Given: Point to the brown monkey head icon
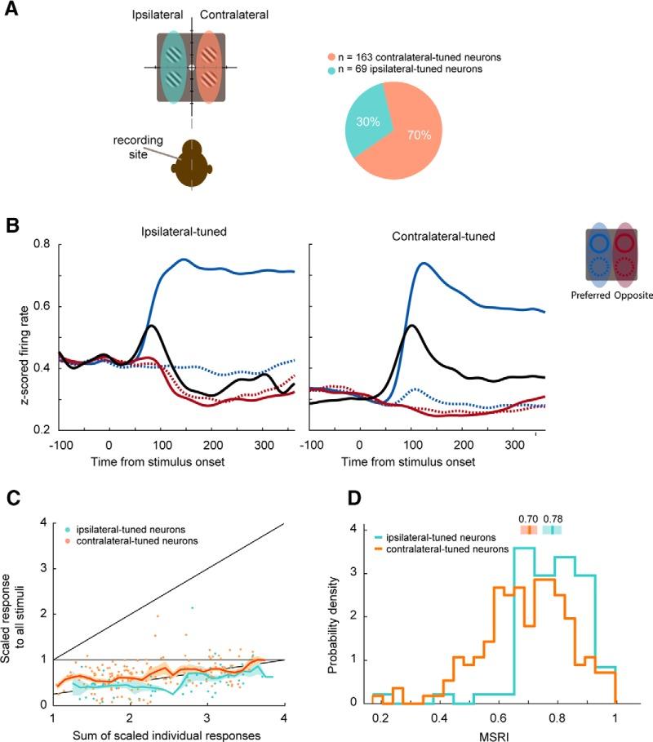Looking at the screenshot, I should [x=191, y=163].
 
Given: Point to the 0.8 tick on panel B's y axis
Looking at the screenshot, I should [x=41, y=244].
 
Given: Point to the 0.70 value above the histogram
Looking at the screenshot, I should [x=528, y=518].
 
